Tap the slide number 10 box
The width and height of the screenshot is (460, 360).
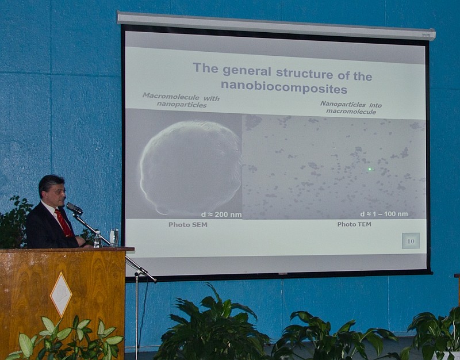tap(411, 240)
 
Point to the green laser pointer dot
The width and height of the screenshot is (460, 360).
tap(370, 169)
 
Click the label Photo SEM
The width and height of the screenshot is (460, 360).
tap(188, 225)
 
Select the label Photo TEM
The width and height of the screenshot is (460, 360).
tap(354, 224)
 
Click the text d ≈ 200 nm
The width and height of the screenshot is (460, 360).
tap(221, 215)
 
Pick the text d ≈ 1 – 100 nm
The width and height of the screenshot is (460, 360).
tap(384, 214)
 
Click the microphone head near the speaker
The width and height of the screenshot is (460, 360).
tap(74, 208)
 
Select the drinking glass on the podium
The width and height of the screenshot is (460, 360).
tap(114, 238)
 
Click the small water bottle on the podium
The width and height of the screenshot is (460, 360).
tap(97, 239)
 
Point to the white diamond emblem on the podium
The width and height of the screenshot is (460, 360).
tap(61, 294)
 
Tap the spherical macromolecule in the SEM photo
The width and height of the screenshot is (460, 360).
tap(191, 167)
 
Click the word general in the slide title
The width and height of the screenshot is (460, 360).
tap(247, 71)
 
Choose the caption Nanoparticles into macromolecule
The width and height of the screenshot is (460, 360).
tap(351, 108)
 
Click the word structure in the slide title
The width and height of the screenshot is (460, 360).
tap(305, 73)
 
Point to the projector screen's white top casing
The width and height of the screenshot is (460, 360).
tap(276, 26)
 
